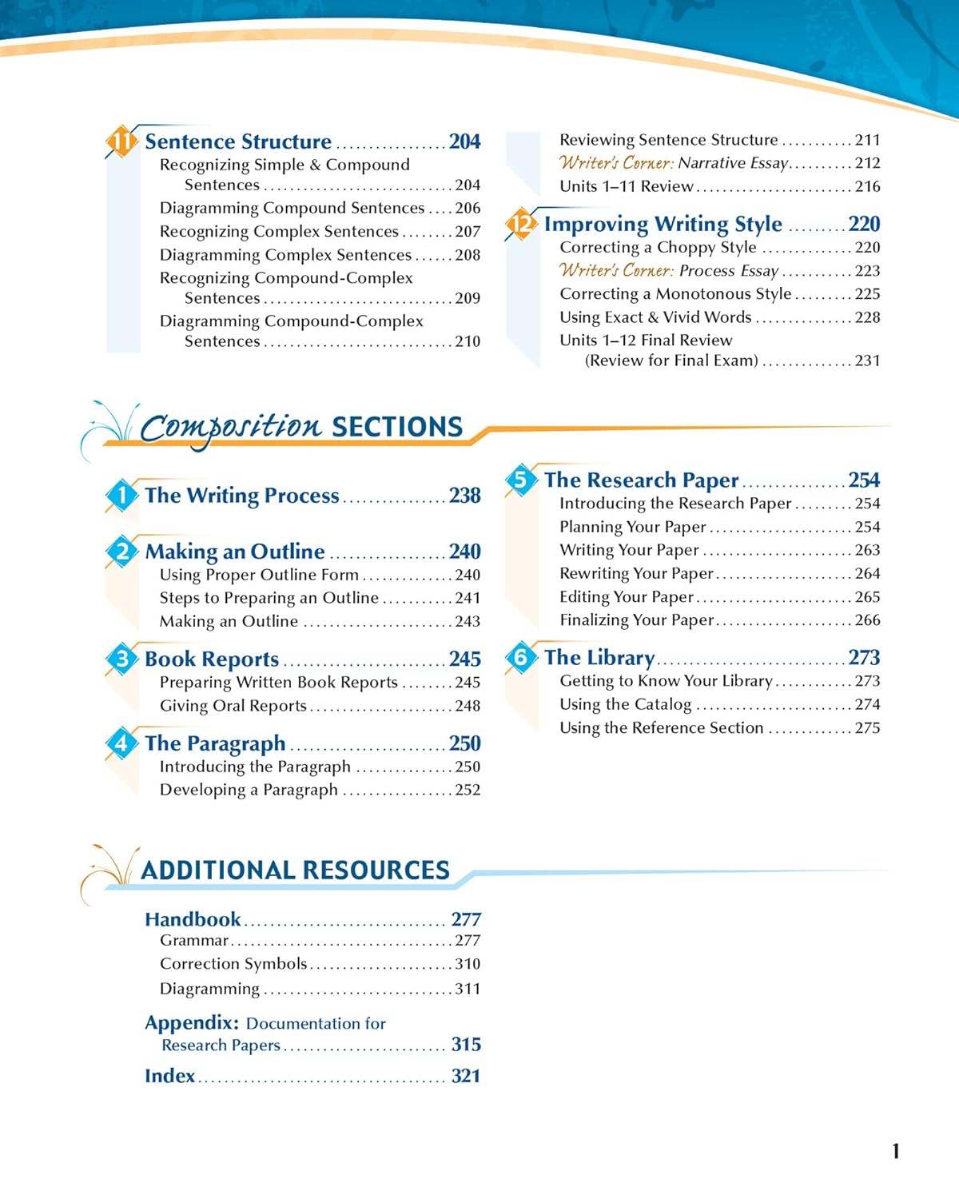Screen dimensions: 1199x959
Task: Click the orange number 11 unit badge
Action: pos(121,142)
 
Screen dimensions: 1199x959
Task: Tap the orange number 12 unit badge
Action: pos(521,225)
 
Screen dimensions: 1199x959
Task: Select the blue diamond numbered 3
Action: pos(121,659)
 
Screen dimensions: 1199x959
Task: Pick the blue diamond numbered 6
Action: pos(521,658)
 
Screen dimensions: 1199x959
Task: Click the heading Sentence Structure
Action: pos(238,141)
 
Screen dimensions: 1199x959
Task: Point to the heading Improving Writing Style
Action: pos(663,224)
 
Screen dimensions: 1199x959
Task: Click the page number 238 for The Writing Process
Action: pos(464,496)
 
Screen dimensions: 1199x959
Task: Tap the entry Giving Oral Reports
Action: pos(233,706)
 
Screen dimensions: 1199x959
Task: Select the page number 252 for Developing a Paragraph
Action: pos(468,790)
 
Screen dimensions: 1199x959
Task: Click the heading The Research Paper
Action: pos(641,480)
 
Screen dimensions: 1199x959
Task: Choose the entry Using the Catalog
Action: pos(625,704)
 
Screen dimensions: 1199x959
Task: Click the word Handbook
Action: pos(193,919)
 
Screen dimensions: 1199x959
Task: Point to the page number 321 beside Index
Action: pos(466,1076)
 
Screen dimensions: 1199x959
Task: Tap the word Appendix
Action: pos(192,1023)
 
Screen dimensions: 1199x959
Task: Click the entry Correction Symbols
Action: pos(233,964)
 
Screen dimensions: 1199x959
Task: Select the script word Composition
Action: pos(230,427)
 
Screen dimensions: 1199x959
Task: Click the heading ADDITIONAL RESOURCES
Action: pos(295,870)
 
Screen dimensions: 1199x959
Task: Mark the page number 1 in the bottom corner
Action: pos(895,1151)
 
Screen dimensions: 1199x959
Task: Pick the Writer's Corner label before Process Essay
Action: pos(617,270)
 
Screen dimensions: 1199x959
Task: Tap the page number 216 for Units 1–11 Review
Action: pos(867,186)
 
